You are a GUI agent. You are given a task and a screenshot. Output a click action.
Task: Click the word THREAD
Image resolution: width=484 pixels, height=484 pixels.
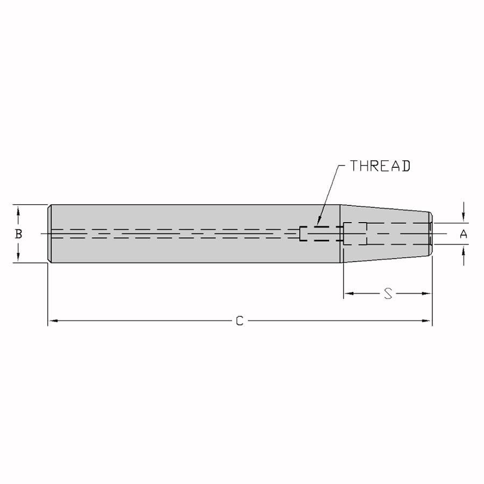pyautogui.click(x=380, y=166)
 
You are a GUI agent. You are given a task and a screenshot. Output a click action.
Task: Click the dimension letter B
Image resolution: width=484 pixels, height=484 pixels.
pyautogui.click(x=18, y=234)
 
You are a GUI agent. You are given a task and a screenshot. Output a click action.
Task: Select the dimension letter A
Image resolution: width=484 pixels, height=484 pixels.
pyautogui.click(x=464, y=234)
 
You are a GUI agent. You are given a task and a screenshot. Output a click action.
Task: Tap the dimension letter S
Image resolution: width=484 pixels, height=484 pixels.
pyautogui.click(x=388, y=293)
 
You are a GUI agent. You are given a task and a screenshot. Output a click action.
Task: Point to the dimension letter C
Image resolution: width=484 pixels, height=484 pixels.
pyautogui.click(x=239, y=321)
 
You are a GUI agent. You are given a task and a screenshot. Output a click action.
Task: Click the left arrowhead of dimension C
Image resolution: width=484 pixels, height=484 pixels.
pyautogui.click(x=53, y=321)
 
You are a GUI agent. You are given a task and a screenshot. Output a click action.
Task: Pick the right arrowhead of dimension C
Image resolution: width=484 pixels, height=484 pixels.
pyautogui.click(x=426, y=321)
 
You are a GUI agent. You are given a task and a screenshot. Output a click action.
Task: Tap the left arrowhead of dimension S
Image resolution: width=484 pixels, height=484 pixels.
pyautogui.click(x=349, y=293)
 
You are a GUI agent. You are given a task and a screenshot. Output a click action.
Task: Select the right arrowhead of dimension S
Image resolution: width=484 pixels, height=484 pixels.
pyautogui.click(x=426, y=293)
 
